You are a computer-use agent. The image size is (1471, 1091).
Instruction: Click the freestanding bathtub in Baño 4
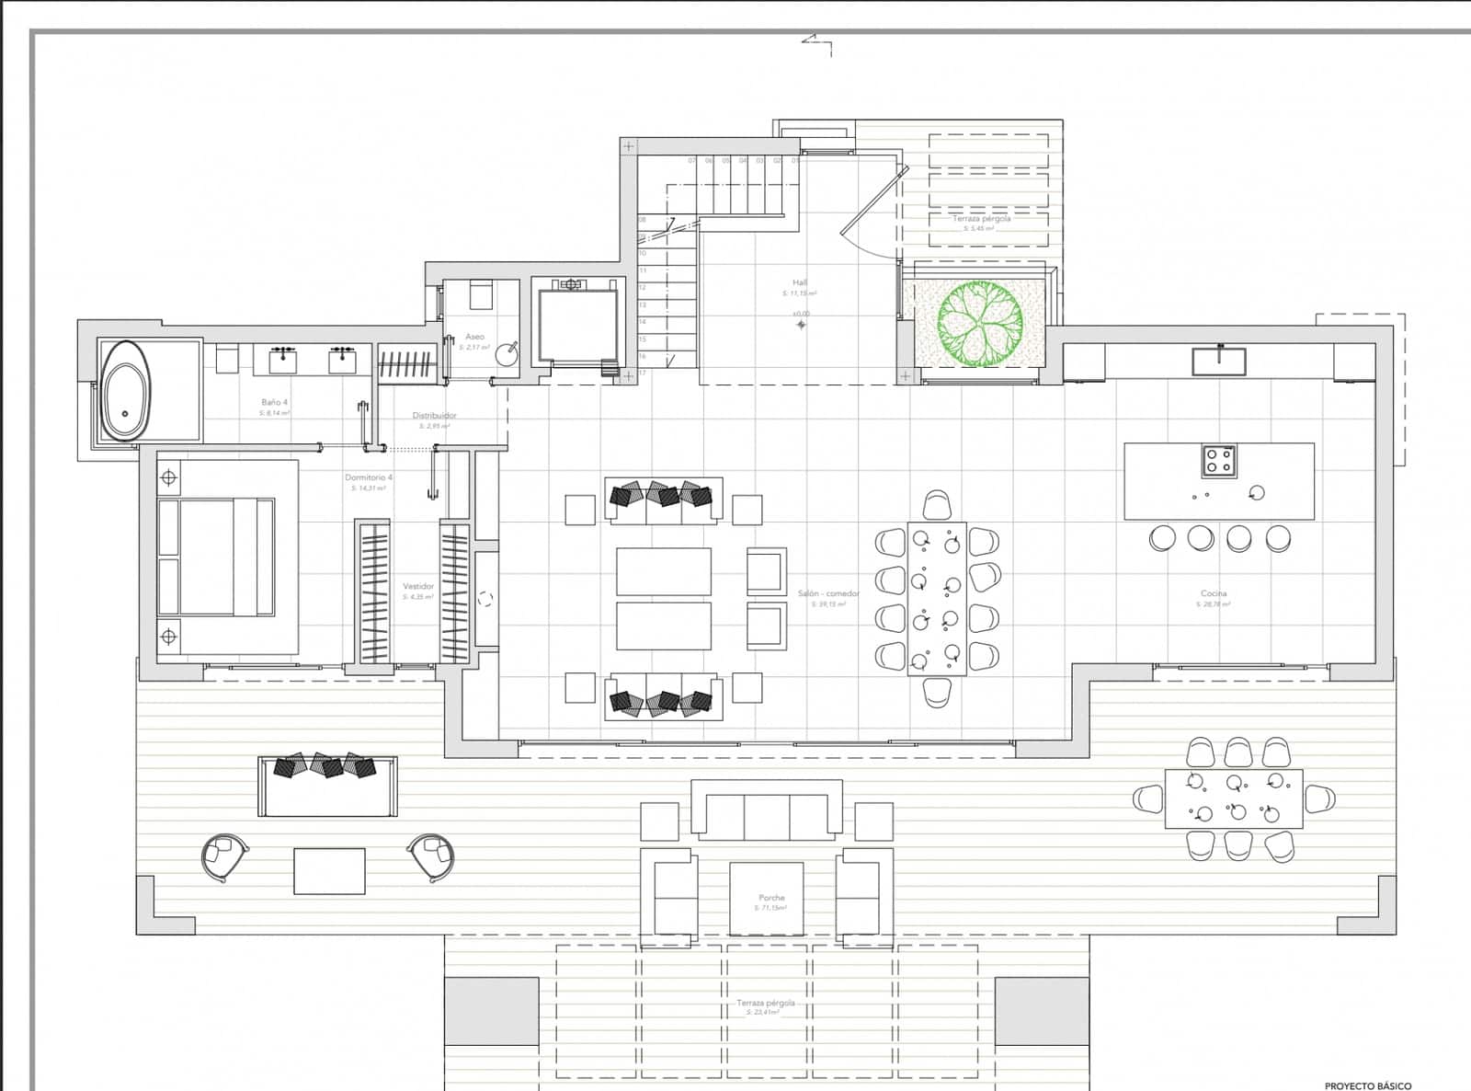click(126, 393)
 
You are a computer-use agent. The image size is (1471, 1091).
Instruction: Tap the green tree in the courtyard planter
click(980, 324)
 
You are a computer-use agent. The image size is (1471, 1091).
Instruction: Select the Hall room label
click(800, 282)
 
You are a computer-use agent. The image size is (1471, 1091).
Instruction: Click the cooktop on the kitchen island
click(1219, 460)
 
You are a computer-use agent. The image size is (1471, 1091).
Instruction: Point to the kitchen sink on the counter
click(1219, 361)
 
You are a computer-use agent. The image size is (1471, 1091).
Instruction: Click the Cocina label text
click(1214, 593)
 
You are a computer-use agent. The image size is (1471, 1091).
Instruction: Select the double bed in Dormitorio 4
click(217, 557)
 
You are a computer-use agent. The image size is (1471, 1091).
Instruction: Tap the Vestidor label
click(418, 586)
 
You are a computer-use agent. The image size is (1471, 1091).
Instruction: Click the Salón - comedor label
click(828, 593)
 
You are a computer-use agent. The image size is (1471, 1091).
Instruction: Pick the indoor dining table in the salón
click(937, 598)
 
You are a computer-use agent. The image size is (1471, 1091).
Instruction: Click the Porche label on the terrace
click(771, 898)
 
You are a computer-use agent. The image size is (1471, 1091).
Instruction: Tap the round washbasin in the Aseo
click(507, 354)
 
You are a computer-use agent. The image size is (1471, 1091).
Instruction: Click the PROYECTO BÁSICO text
click(1368, 1085)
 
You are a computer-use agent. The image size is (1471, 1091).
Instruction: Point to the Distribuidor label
click(434, 416)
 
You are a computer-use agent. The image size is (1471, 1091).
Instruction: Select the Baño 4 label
click(274, 402)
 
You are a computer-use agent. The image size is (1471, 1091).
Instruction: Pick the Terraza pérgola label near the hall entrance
click(981, 219)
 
